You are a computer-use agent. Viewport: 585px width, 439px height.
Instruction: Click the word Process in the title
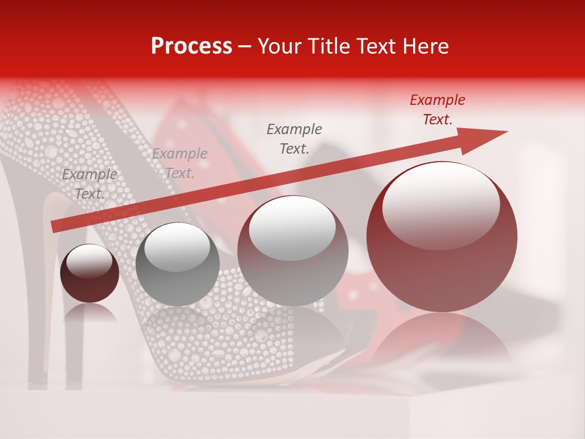point(191,46)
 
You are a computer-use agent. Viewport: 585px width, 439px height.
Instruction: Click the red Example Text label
point(437,110)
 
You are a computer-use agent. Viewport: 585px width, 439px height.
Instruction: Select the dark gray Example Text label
point(294,139)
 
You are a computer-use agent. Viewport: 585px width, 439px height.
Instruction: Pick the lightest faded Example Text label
point(179,163)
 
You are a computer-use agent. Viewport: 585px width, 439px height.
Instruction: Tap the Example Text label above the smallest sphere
point(90,184)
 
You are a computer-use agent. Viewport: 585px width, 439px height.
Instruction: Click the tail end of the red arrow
point(55,227)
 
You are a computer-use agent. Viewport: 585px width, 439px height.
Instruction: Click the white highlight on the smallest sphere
point(89,261)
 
